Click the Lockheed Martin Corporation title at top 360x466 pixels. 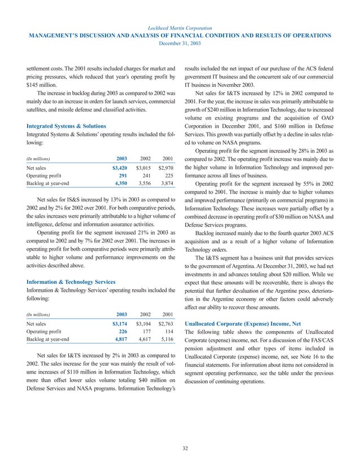180,27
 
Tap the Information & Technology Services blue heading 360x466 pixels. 71,281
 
